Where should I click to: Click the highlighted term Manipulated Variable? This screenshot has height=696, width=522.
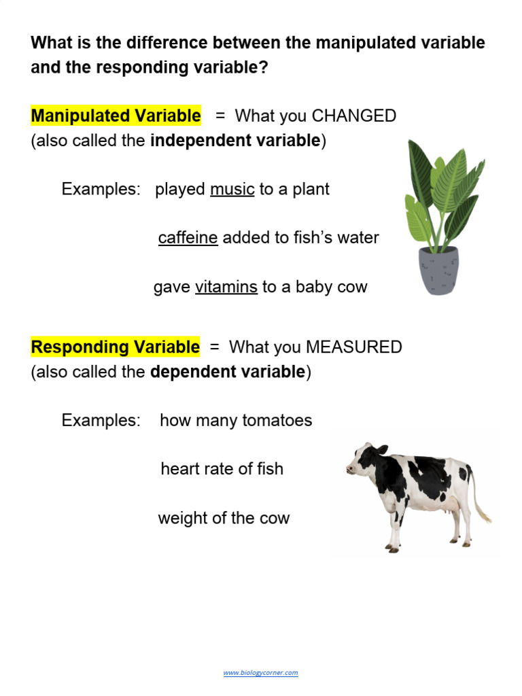click(x=116, y=116)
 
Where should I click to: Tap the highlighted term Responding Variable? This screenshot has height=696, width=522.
click(x=116, y=347)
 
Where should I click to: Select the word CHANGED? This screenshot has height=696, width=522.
click(x=353, y=116)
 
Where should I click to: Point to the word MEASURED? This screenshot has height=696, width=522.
click(x=353, y=347)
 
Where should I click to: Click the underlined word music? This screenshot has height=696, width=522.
click(x=232, y=189)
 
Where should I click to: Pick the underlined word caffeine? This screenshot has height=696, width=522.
click(x=188, y=238)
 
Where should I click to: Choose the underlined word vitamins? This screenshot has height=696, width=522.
click(x=226, y=287)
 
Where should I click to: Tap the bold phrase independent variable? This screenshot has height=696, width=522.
click(x=235, y=141)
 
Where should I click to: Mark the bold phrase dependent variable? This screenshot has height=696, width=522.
click(x=228, y=372)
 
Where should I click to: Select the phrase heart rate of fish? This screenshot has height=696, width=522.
click(x=222, y=469)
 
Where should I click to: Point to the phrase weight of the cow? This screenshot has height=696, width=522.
click(x=224, y=518)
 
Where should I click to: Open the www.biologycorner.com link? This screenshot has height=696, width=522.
click(x=260, y=673)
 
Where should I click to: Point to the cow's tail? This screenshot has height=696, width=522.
click(x=481, y=503)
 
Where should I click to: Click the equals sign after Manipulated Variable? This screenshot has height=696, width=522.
click(x=220, y=116)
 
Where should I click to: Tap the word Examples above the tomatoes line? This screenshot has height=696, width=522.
click(x=101, y=420)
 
